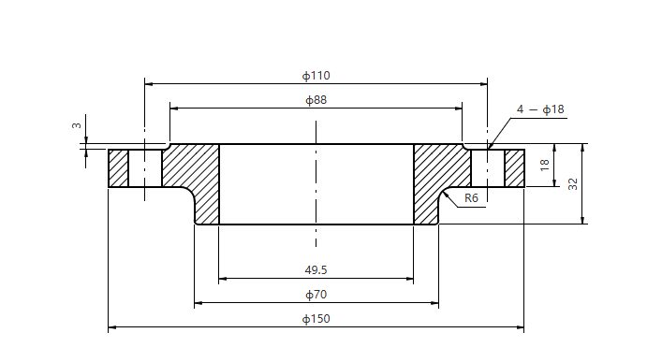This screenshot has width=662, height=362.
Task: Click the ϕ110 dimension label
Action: [x=316, y=75]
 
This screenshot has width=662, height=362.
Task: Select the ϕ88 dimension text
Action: [x=316, y=100]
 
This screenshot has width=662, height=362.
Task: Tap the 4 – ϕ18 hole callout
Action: [x=540, y=109]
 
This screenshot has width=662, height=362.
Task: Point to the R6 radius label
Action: [x=471, y=198]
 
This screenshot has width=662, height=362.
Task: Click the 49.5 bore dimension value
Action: [x=316, y=269]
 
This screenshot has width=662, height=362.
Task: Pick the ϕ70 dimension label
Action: [x=316, y=295]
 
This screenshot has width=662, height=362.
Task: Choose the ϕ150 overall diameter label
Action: [x=316, y=319]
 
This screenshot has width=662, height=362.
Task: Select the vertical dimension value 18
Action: [x=545, y=166]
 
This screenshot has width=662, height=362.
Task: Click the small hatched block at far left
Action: [x=118, y=168]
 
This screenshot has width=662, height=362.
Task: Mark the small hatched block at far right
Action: [x=514, y=168]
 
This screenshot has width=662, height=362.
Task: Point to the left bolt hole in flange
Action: [x=145, y=168]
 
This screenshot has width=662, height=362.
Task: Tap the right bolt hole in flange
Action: [x=487, y=168]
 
